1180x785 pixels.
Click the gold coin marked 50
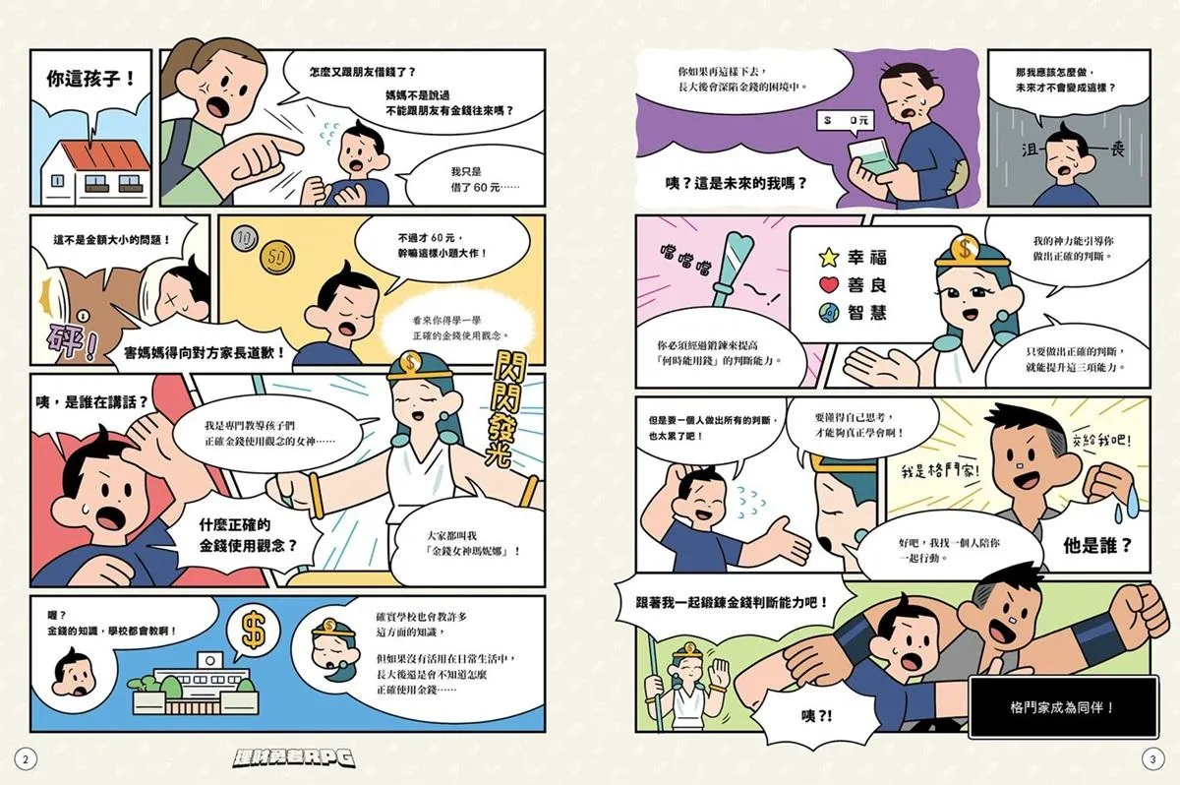(x=277, y=257)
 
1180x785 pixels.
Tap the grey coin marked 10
(x=245, y=238)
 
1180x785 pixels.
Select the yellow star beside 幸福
(x=829, y=258)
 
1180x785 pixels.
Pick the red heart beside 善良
(x=829, y=285)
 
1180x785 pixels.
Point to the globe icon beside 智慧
(x=829, y=313)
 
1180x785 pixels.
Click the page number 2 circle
(x=26, y=759)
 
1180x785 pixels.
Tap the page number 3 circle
(x=1152, y=759)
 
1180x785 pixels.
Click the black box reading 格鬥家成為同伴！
(x=1063, y=707)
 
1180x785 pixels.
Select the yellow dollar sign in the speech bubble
(x=254, y=629)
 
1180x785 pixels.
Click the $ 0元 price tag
(x=845, y=121)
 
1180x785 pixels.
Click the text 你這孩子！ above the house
(x=90, y=79)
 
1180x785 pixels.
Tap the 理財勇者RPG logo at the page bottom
(x=293, y=757)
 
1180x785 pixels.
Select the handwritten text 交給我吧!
(x=1101, y=439)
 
